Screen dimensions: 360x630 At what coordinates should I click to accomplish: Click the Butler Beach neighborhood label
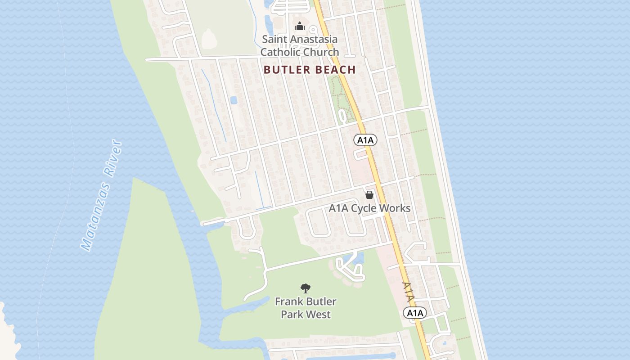310,70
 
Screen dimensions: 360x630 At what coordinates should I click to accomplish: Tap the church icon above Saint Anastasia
300,26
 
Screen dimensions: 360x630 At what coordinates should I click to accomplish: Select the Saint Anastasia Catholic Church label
300,45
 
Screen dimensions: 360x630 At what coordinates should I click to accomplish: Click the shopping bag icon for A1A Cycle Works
369,195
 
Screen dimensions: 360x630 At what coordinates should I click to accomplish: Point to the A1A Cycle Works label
369,208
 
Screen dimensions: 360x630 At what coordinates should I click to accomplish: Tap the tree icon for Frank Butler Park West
306,288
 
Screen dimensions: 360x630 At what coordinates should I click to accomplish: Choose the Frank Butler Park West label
306,308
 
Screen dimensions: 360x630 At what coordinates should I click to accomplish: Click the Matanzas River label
101,196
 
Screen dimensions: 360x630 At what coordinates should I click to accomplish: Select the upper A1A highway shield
365,140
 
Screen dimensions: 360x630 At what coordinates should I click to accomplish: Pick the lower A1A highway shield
414,313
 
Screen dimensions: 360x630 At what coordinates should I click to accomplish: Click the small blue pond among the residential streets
234,100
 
